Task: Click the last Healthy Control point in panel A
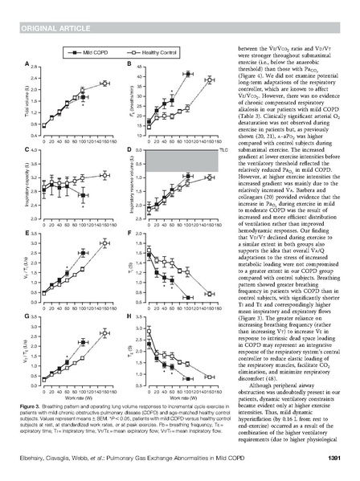click(104, 83)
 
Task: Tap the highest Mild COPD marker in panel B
click(188, 73)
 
